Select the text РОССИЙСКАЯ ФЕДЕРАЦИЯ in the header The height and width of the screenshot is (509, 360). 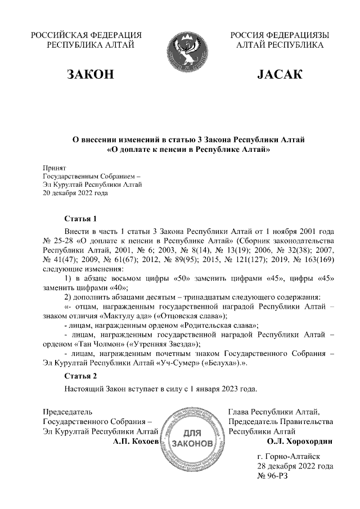[x=87, y=35]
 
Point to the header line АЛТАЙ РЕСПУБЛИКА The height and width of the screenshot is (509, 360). [x=280, y=45]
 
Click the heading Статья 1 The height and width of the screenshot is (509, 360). [x=81, y=218]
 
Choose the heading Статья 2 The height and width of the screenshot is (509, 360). [x=81, y=376]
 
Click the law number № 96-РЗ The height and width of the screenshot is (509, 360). [x=273, y=476]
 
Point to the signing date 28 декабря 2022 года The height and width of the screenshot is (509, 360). [x=295, y=466]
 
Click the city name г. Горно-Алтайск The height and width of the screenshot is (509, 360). [x=287, y=457]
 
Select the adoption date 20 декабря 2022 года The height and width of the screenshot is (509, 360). [x=75, y=192]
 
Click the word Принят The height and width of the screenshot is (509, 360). [x=55, y=168]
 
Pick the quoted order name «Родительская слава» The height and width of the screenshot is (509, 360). [x=217, y=326]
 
